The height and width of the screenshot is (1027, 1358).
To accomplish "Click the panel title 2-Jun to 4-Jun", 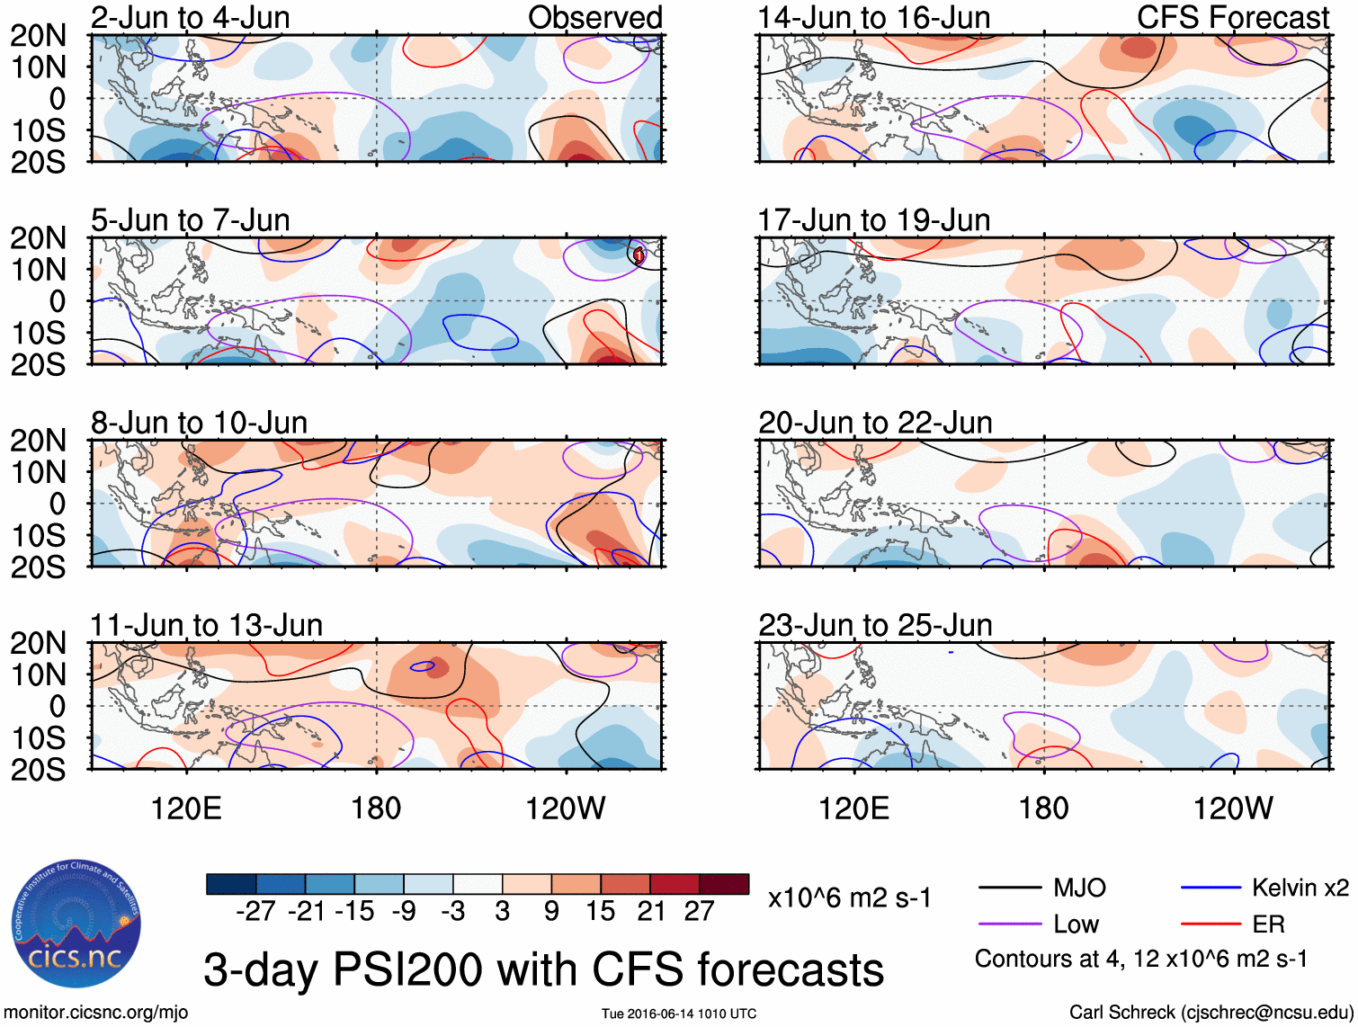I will [x=190, y=17].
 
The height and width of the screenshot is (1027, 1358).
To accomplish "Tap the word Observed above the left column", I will [x=594, y=17].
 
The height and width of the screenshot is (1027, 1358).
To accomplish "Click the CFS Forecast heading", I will [x=1232, y=17].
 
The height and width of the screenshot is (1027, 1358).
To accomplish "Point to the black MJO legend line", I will [x=1010, y=889].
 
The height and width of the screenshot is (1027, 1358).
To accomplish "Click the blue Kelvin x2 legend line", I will [x=1211, y=889].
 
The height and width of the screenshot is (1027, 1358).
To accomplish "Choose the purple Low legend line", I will [x=1010, y=924].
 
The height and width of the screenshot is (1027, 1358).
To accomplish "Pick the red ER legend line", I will [x=1211, y=924].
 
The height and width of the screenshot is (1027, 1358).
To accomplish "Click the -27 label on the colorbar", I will [x=255, y=911].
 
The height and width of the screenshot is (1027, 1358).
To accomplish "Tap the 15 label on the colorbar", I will [x=600, y=911].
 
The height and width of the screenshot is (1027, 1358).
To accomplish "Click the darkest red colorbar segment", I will [x=724, y=884].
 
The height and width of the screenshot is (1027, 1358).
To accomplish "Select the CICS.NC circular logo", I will [x=76, y=924].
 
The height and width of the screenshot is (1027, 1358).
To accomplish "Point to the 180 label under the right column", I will [x=1043, y=808].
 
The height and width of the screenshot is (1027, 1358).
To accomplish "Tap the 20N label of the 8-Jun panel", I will [x=38, y=441].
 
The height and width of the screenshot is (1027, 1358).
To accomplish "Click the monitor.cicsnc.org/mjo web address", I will [x=95, y=1013].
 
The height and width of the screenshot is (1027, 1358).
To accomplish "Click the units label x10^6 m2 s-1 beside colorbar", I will [x=849, y=898].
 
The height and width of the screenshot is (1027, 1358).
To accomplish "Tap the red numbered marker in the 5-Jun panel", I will [x=639, y=255].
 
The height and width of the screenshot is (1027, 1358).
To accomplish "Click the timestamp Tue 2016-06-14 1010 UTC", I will [x=679, y=1014].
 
